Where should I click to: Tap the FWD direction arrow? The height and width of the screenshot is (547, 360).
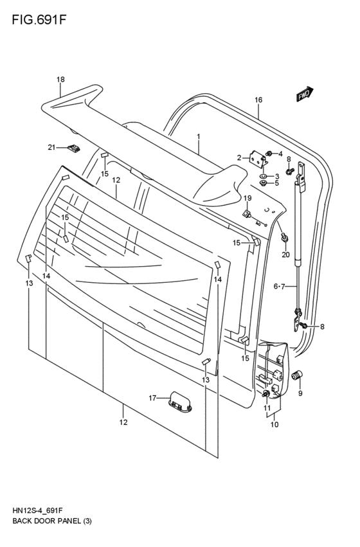pos(305,94)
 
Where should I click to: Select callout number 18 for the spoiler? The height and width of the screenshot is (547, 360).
pos(60,80)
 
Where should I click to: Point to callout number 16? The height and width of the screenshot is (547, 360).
pos(258,100)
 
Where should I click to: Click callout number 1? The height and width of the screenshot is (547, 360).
pos(199,137)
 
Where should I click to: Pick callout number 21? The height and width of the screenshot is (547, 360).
pos(52,148)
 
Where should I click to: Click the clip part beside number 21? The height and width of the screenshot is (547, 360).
pos(74,149)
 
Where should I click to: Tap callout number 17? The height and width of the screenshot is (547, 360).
pos(152,398)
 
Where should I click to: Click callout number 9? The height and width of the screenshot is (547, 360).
pos(300,393)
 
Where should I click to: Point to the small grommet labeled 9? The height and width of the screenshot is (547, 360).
pos(298,375)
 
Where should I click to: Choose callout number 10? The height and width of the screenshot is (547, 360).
pos(274,425)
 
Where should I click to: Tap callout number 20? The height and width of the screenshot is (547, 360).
pos(285,255)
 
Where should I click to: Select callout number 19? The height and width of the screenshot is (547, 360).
pos(248,198)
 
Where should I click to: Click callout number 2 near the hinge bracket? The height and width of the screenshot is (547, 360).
pos(239,157)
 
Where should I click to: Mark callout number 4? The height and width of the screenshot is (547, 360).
pos(280,154)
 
